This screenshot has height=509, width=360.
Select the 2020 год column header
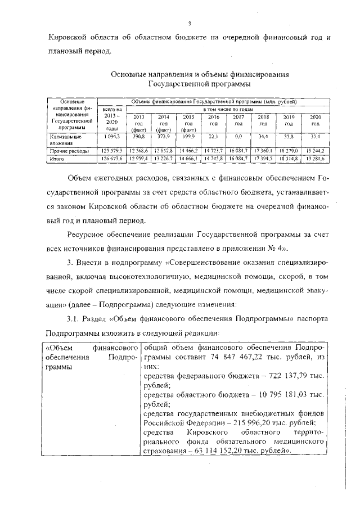pyautogui.click(x=315, y=120)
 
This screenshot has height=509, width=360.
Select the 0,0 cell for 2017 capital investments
pyautogui.click(x=238, y=137)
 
